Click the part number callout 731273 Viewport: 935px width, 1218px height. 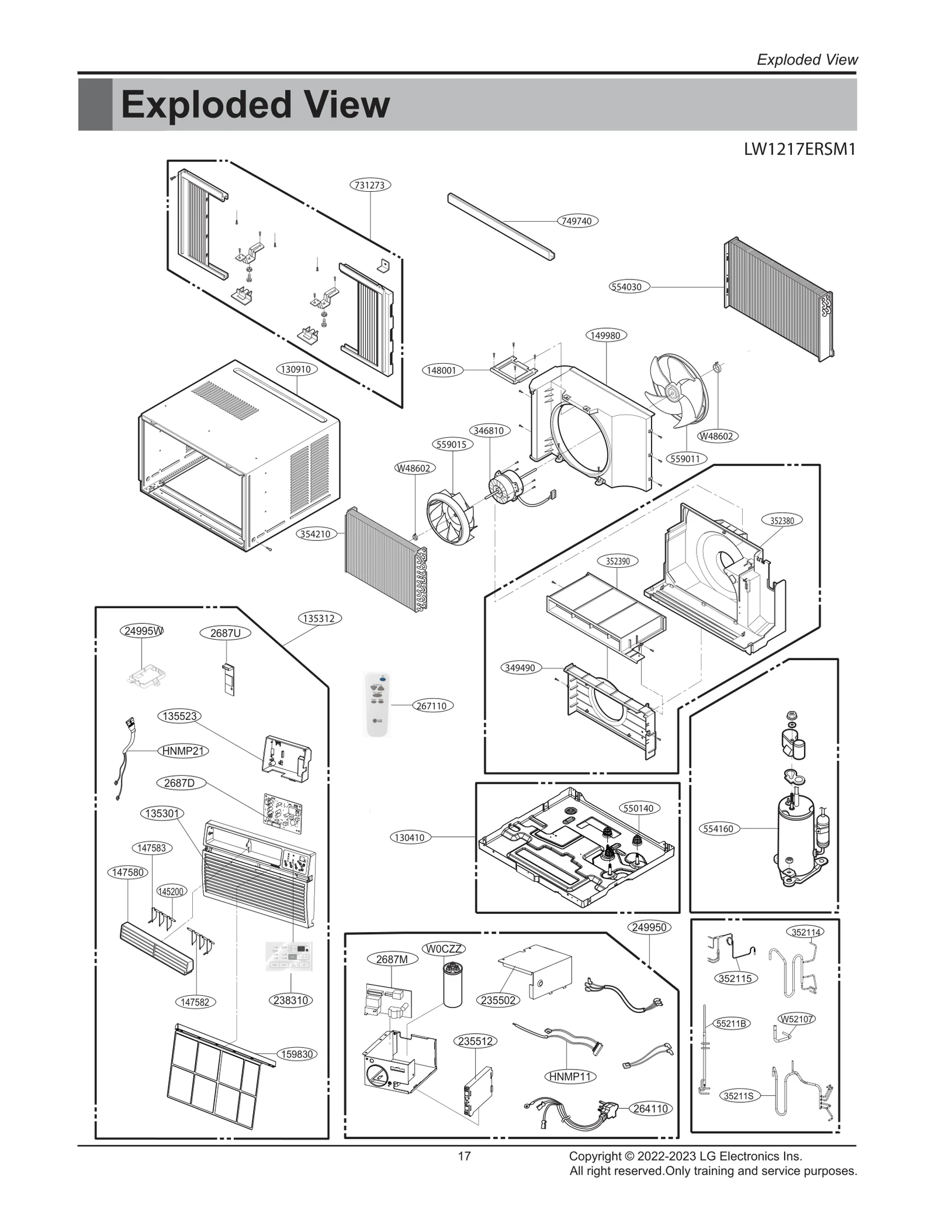370,185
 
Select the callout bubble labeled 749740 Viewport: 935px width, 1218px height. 576,221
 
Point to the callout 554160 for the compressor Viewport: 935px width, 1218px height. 718,829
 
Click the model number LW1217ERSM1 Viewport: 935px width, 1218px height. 799,150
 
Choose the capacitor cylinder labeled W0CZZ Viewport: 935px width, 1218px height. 452,985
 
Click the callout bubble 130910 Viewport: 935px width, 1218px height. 297,369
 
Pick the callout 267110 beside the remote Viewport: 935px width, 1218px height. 431,706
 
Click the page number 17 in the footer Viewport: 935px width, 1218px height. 464,1156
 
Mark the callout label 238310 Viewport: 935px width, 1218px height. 290,1000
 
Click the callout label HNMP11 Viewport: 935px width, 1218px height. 570,1076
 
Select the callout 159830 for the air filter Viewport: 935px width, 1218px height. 297,1054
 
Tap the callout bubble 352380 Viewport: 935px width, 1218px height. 781,520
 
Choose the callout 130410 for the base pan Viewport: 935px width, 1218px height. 409,837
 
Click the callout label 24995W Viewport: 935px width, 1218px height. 143,631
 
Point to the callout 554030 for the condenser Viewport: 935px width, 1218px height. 626,287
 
